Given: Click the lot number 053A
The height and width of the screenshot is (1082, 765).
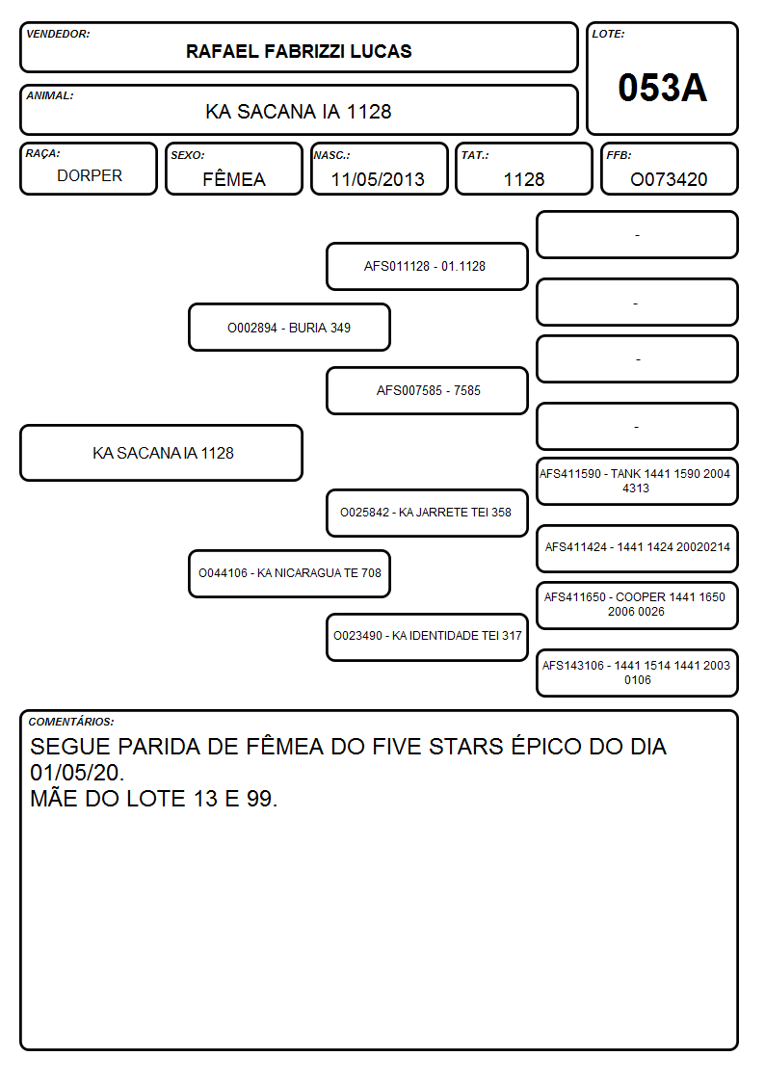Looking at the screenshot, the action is [662, 88].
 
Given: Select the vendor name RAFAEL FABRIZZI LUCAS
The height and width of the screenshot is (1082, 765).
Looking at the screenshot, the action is [299, 52].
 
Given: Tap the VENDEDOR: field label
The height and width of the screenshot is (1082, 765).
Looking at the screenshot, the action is [58, 34].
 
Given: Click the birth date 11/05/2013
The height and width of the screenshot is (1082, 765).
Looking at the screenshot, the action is [378, 179].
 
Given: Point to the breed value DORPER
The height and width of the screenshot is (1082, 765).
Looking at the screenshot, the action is [90, 176].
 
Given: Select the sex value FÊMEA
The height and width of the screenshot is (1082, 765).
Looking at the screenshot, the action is [234, 178].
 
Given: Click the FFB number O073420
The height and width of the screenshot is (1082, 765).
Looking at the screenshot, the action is [669, 179].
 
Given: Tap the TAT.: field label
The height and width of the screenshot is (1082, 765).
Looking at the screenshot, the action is [475, 155].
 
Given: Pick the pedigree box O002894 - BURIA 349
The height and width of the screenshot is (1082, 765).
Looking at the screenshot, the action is [290, 327].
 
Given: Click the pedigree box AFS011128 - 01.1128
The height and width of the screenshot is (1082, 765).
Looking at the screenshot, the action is [427, 266].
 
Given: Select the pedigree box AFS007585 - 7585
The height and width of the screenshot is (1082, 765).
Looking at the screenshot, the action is [427, 390].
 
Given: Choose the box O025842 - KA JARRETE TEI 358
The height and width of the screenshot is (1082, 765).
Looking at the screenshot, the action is [427, 513].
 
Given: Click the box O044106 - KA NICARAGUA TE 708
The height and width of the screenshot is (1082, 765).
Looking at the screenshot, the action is [290, 573].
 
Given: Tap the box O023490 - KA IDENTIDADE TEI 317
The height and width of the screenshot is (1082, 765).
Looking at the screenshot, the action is [427, 637].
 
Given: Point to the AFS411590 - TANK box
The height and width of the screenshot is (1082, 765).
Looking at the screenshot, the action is [638, 481].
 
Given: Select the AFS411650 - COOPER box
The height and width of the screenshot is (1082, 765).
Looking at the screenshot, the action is [638, 605].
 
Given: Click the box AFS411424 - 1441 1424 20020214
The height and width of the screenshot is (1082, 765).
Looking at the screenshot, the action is [638, 548].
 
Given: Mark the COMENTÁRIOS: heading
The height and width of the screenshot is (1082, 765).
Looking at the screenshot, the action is [71, 722].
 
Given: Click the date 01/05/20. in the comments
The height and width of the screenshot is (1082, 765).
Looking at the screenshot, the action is [77, 772].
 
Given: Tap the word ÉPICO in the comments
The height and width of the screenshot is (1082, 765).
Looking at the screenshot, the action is [546, 746].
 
